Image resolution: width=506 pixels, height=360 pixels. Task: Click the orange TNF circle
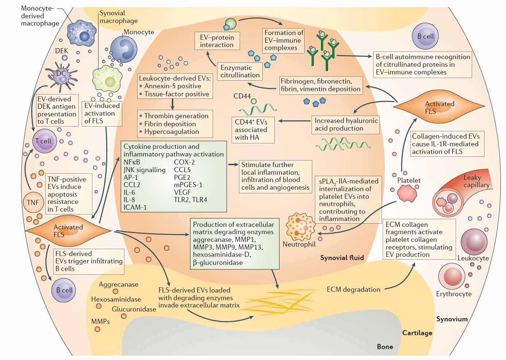coord(33,202)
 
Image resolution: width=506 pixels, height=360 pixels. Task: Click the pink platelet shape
coord(407,193)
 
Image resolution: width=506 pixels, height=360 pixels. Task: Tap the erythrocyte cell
coord(453,276)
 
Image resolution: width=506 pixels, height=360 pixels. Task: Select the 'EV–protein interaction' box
coord(217,41)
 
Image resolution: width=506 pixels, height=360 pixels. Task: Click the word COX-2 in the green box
coord(184,162)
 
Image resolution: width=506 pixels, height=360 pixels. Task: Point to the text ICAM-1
coord(135,207)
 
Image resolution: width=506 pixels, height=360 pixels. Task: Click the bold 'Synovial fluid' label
coord(342,258)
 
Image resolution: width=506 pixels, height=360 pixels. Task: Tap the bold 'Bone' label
coord(385,347)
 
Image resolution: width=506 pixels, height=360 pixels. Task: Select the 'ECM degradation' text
coord(353,289)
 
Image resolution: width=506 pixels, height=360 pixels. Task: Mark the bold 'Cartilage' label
coord(417,333)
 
